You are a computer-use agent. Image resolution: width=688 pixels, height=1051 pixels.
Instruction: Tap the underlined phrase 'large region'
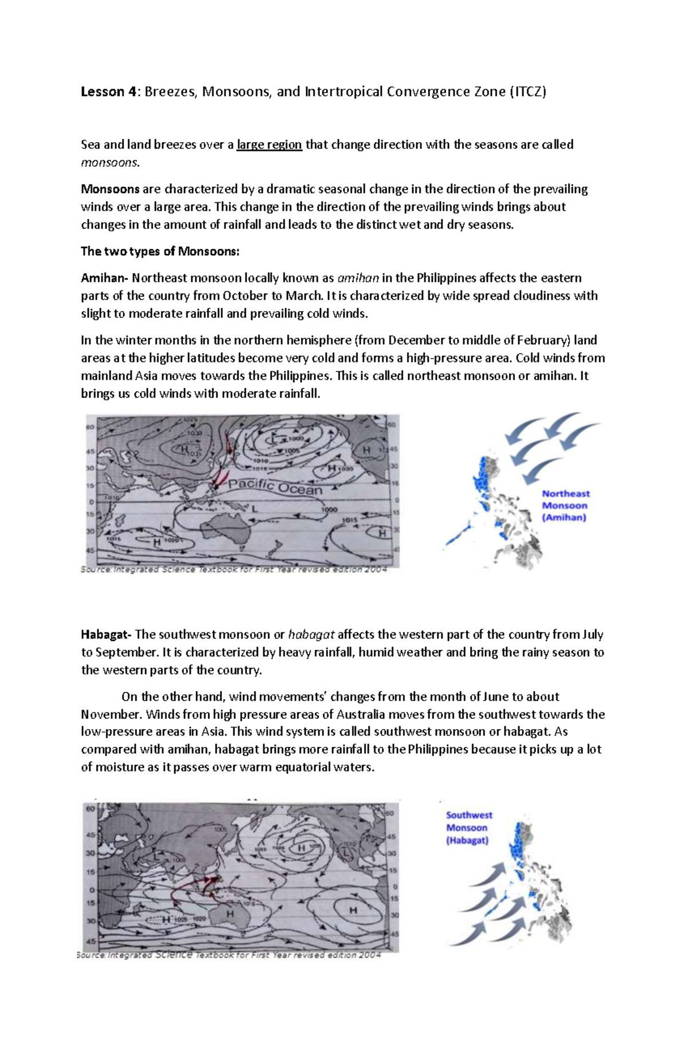click(269, 144)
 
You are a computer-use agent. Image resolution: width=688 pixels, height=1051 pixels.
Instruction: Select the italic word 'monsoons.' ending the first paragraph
click(110, 162)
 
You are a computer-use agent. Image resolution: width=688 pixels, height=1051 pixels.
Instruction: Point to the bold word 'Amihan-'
click(105, 278)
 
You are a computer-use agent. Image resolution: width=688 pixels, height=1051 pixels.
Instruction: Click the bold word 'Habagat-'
click(107, 635)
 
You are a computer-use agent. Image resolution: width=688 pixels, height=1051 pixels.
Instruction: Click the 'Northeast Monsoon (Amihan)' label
click(565, 505)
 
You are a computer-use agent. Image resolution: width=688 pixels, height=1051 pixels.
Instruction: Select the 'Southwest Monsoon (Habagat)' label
click(468, 828)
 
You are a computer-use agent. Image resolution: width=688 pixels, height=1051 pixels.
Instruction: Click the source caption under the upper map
click(234, 570)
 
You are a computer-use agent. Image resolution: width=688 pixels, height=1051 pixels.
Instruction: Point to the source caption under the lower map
click(228, 955)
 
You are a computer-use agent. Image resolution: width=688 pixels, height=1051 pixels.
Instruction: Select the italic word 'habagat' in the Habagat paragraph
click(311, 635)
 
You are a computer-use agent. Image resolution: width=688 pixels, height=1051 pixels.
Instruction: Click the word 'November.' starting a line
click(112, 714)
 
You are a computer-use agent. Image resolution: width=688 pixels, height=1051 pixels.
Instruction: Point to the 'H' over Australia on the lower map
click(229, 915)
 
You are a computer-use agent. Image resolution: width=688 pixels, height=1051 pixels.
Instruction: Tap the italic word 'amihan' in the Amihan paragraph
click(358, 278)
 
